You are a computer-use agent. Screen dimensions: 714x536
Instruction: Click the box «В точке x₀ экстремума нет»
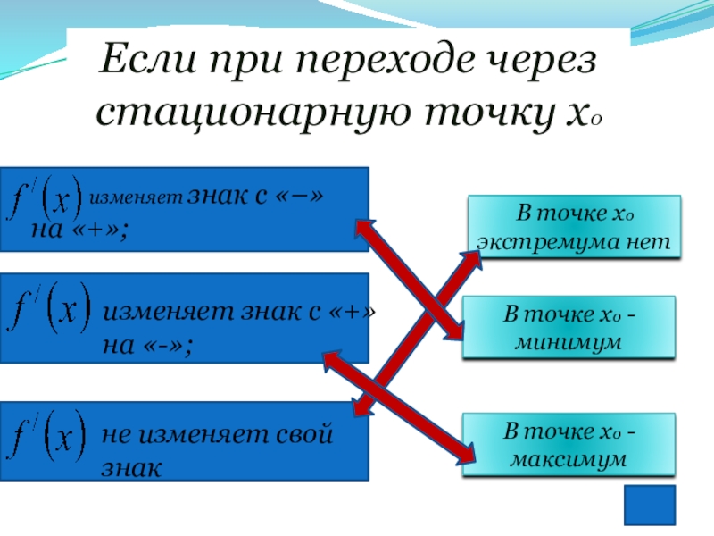click(x=574, y=227)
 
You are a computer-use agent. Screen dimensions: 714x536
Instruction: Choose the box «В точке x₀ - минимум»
click(x=569, y=328)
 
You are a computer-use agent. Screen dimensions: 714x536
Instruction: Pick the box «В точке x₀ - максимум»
click(x=569, y=445)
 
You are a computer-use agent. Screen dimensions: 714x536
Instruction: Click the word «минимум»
click(x=569, y=341)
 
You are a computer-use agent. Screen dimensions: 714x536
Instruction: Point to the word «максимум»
click(x=569, y=458)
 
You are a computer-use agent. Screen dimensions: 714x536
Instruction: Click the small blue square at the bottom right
click(x=649, y=506)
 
